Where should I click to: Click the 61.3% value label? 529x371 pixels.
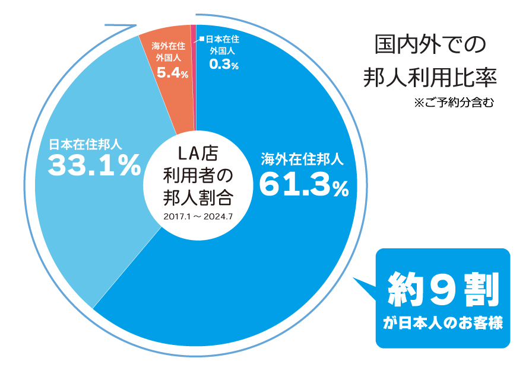303,185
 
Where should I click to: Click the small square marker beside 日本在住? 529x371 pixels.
202,40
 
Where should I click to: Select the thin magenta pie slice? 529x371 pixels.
193,59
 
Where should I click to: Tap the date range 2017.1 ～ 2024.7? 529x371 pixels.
197,216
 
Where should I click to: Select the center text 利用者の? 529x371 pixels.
198,176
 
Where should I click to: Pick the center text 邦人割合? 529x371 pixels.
198,197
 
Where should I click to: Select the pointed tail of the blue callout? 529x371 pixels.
357,281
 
